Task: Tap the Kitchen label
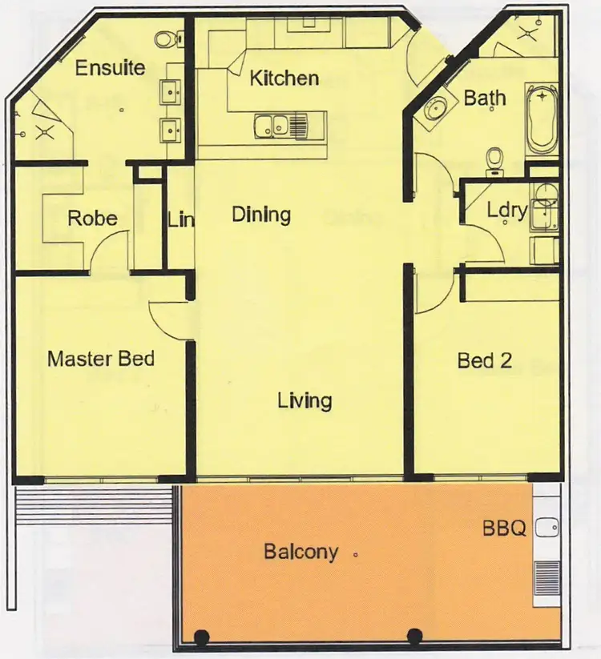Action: [x=284, y=78]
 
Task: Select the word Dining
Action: [x=260, y=215]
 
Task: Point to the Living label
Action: [x=305, y=400]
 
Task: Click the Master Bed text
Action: [x=101, y=358]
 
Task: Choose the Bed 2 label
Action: [x=484, y=360]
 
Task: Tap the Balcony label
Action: [x=300, y=552]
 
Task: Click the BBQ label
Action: [x=504, y=528]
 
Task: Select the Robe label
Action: [x=93, y=219]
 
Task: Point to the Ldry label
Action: [x=507, y=211]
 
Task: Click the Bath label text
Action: [x=485, y=98]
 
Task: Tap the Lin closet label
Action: [x=180, y=219]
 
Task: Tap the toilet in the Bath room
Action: [x=495, y=160]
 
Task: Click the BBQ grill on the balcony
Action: [x=547, y=574]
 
